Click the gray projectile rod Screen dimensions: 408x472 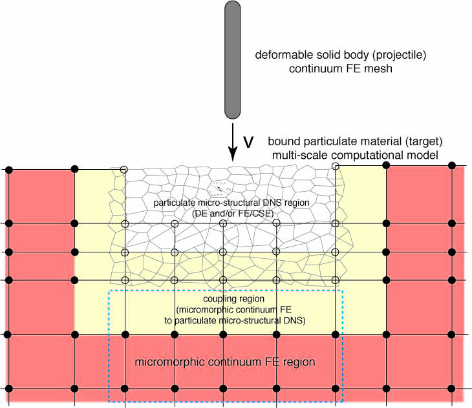tap(233, 58)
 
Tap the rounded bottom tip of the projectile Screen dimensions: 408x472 tap(233, 116)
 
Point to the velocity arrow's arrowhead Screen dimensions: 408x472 tap(233, 158)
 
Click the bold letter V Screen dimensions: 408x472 tap(248, 142)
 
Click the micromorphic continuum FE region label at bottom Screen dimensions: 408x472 tap(225, 362)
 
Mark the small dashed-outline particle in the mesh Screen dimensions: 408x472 tap(220, 187)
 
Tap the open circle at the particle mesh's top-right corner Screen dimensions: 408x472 tap(335, 166)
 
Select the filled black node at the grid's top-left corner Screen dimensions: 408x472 tap(9, 169)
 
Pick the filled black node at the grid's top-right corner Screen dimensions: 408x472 tap(451, 166)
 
